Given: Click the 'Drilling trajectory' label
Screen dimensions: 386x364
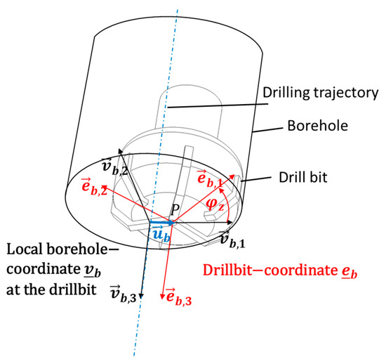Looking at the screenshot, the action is pyautogui.click(x=320, y=93).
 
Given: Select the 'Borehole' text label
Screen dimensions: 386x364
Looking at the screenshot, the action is pyautogui.click(x=317, y=126).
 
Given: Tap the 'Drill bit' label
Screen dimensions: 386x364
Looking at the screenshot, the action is pyautogui.click(x=302, y=177).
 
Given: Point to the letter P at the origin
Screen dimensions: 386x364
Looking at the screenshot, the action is pyautogui.click(x=175, y=209).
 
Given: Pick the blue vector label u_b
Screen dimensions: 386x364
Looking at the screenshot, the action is pyautogui.click(x=161, y=233).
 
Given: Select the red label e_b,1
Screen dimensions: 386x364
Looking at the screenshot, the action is pyautogui.click(x=210, y=178).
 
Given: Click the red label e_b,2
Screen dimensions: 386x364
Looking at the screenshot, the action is pyautogui.click(x=94, y=186).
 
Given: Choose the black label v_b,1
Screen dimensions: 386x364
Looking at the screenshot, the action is pyautogui.click(x=232, y=240).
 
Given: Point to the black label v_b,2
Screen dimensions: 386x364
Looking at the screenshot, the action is pyautogui.click(x=114, y=167).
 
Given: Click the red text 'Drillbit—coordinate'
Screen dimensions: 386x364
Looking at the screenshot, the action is pyautogui.click(x=270, y=271).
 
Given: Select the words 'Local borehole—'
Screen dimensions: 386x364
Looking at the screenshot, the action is pyautogui.click(x=62, y=249).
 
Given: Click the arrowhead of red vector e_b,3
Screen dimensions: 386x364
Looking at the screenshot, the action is pyautogui.click(x=162, y=297).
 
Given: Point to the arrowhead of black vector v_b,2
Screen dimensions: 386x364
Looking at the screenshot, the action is pyautogui.click(x=121, y=151).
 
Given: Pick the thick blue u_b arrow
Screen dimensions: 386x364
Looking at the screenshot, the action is pyautogui.click(x=161, y=223).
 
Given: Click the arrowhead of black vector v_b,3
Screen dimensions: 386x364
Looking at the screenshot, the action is pyautogui.click(x=141, y=295).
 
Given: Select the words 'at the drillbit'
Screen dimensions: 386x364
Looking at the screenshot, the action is pyautogui.click(x=51, y=290).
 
